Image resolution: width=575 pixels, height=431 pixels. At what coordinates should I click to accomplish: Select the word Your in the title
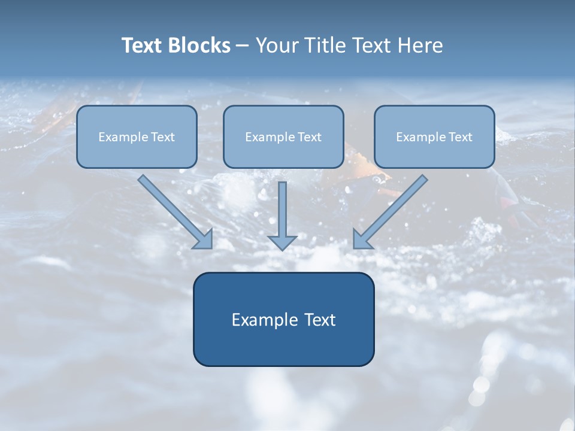(x=278, y=45)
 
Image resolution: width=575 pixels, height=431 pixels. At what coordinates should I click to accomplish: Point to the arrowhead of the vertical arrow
(x=282, y=242)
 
